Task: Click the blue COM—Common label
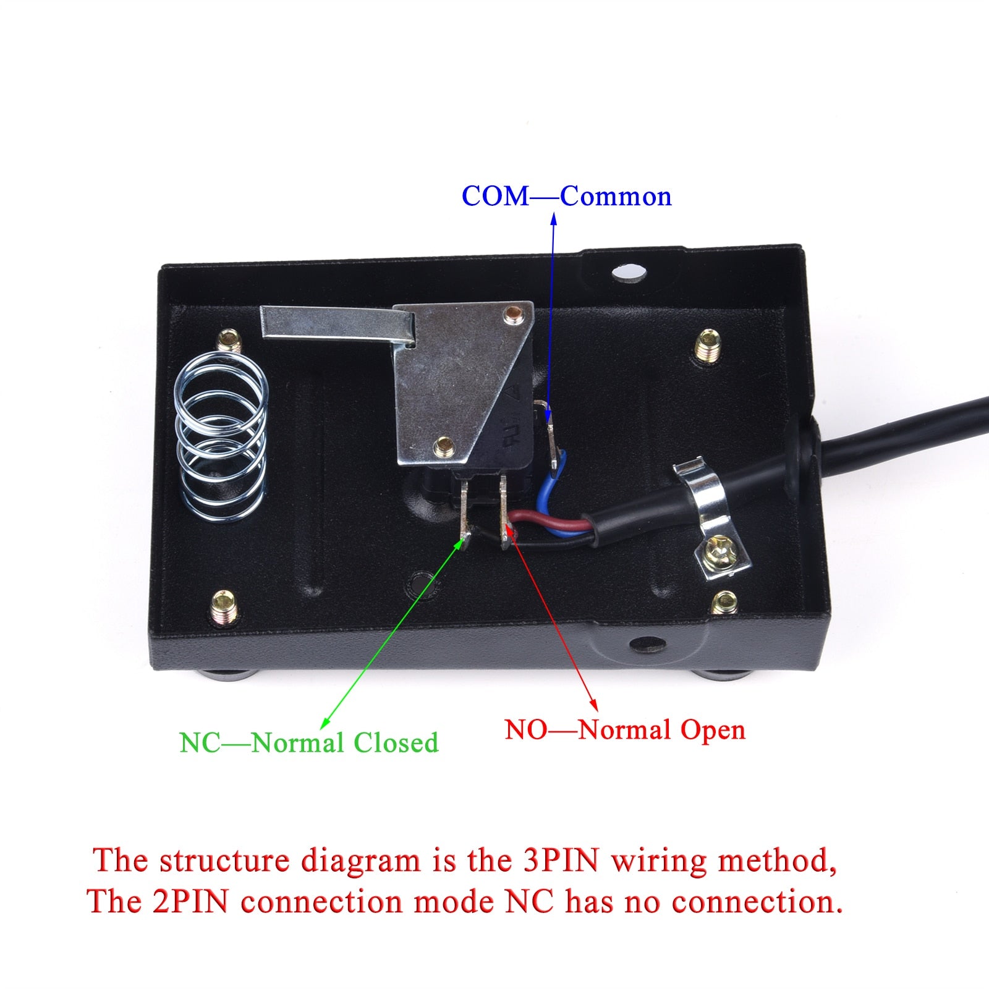(x=566, y=197)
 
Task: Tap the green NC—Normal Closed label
(x=308, y=742)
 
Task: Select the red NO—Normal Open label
(x=625, y=730)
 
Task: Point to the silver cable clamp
(x=705, y=494)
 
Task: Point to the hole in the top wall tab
(x=629, y=272)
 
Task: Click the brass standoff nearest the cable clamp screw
(x=724, y=602)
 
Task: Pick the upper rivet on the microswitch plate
(x=512, y=313)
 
